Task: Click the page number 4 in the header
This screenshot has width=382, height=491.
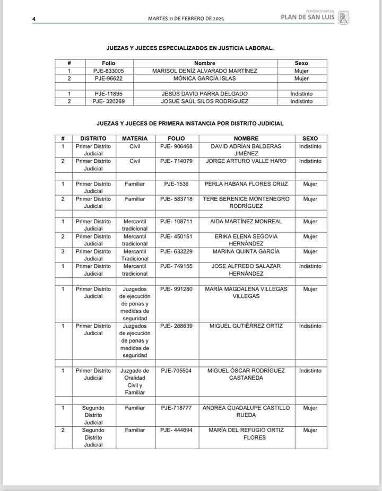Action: click(33, 19)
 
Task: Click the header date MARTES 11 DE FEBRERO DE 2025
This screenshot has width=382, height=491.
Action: click(186, 19)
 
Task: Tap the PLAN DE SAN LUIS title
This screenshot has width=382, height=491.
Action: click(307, 16)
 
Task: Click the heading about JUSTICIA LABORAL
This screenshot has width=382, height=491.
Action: click(190, 48)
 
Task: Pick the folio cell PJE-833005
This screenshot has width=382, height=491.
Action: click(109, 71)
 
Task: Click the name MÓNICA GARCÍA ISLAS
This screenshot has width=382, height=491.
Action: click(205, 78)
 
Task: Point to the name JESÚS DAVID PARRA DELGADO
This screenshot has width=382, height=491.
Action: click(205, 93)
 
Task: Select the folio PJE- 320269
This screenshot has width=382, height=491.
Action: click(109, 101)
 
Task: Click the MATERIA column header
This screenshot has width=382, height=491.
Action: click(135, 138)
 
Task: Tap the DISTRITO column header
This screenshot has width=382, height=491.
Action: click(93, 138)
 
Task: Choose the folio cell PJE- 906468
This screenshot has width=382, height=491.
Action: click(176, 146)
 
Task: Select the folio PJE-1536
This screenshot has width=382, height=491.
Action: click(176, 184)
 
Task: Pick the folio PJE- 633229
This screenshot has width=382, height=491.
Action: click(176, 251)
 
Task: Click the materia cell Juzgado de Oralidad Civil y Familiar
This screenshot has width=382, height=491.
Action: click(135, 382)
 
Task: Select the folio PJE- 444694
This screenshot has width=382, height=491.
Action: click(176, 430)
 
